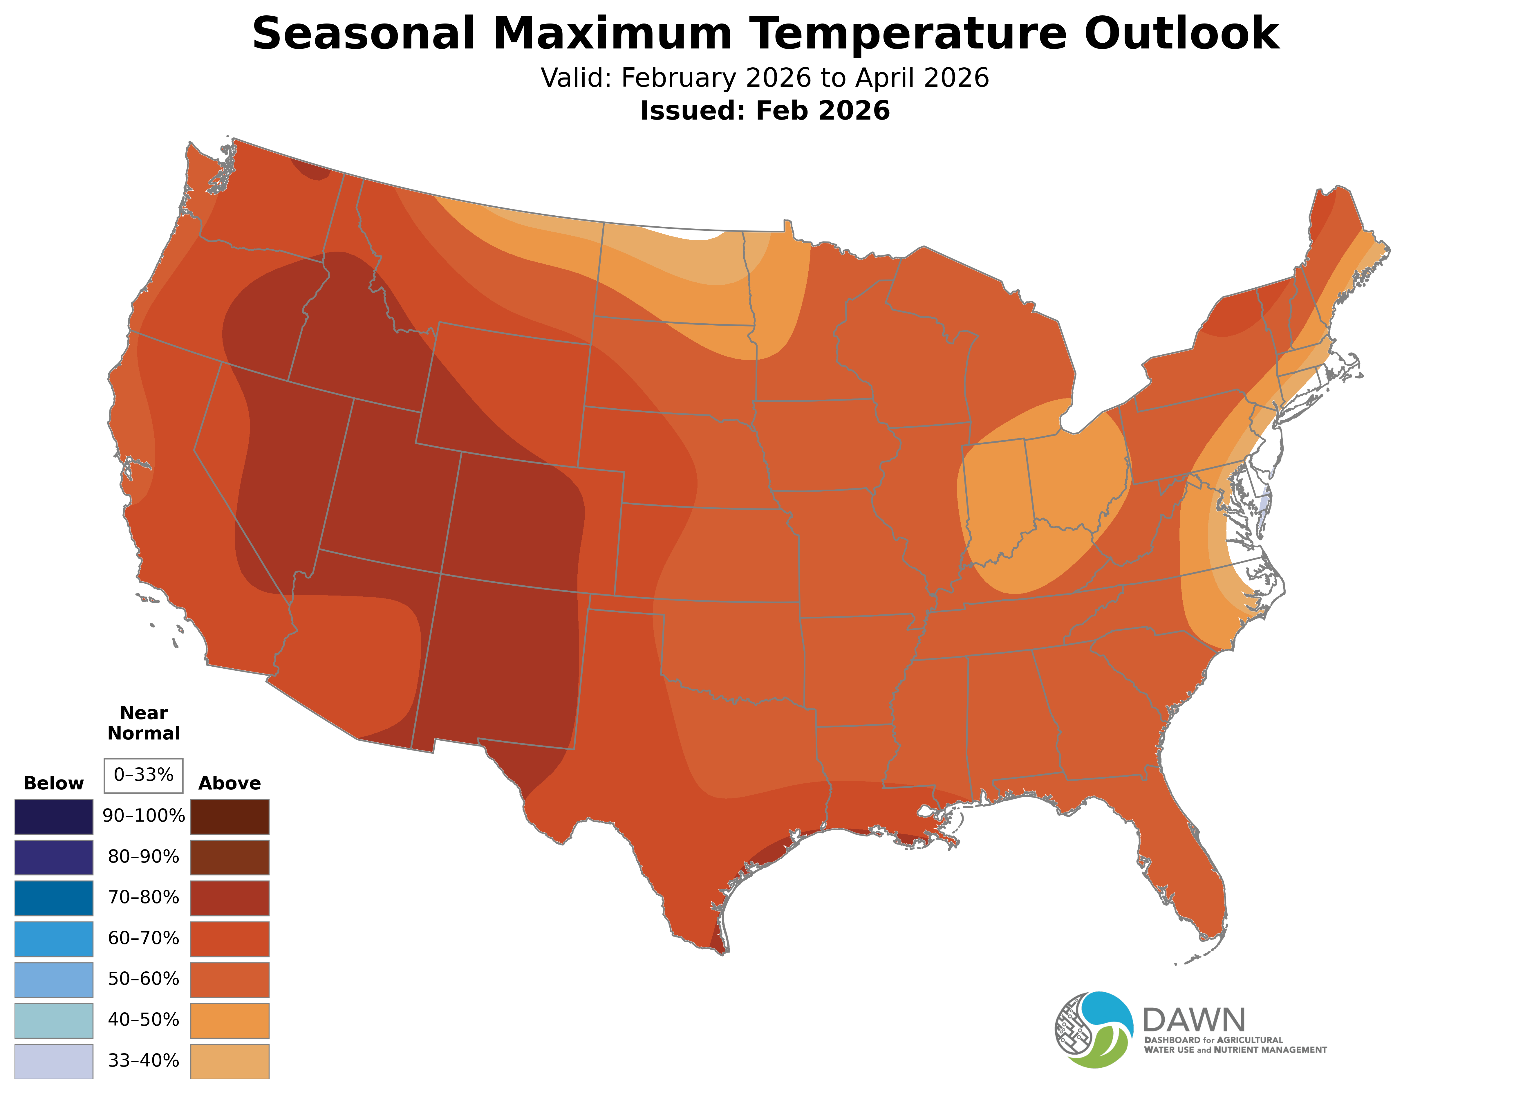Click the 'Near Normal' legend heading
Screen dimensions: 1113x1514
coord(143,723)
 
